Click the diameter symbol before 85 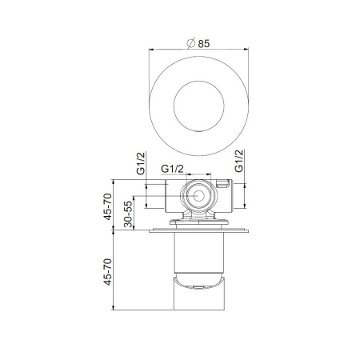pos(191,44)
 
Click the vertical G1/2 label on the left pos(142,164)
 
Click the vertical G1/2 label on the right pos(238,163)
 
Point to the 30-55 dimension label pos(129,212)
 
